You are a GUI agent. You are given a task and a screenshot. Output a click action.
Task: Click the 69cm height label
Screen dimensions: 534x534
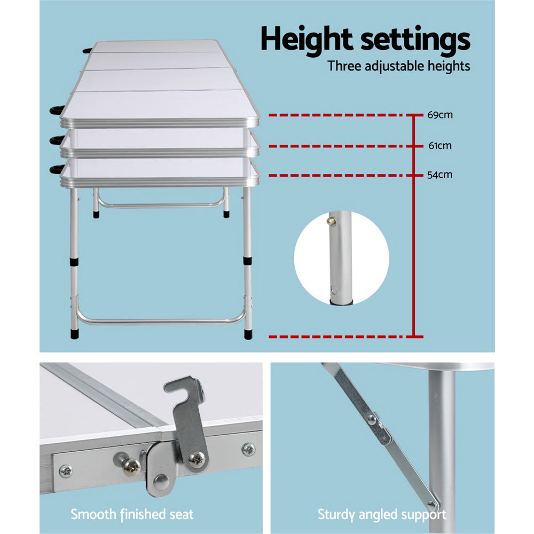click(439, 115)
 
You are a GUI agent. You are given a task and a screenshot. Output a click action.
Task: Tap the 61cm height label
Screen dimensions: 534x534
click(439, 145)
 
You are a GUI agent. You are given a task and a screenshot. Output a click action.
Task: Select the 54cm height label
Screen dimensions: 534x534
click(439, 175)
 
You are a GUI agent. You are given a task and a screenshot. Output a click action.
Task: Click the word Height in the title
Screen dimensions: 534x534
click(307, 39)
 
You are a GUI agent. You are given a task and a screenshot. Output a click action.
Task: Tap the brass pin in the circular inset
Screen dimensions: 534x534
click(331, 222)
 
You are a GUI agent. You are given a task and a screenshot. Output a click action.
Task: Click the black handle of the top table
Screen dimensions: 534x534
click(57, 109)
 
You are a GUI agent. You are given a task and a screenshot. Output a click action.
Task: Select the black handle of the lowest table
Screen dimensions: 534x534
click(57, 169)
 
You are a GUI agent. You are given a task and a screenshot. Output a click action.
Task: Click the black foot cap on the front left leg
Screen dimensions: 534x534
click(75, 333)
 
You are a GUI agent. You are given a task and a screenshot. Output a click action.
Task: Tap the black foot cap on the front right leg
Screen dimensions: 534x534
click(248, 334)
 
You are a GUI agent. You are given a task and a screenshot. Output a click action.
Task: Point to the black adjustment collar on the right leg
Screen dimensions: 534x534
click(248, 261)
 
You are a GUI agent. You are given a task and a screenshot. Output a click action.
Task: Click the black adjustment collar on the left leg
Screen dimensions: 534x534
click(74, 262)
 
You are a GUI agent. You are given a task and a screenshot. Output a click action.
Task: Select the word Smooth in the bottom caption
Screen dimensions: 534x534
click(93, 514)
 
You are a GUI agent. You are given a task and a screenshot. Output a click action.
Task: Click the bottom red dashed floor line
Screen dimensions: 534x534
click(346, 337)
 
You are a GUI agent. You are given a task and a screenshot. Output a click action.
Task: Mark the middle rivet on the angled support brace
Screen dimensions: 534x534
click(372, 419)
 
